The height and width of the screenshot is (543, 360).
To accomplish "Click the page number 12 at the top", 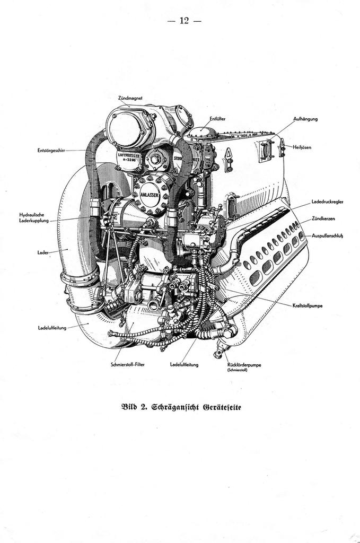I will [x=184, y=21].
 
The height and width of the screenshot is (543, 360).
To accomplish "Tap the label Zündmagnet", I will [x=129, y=98].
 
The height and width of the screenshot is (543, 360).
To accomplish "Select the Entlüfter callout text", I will [x=217, y=119].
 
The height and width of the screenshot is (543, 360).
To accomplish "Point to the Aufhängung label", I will [x=305, y=119].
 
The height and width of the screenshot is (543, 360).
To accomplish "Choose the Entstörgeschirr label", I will [x=50, y=151].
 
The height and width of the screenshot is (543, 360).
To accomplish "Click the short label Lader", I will [x=43, y=253].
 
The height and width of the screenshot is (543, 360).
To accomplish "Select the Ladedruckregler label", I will [x=327, y=202].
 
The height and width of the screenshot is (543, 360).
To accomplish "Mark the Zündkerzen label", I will [x=322, y=218].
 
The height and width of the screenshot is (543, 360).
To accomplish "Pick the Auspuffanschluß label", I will [x=327, y=235].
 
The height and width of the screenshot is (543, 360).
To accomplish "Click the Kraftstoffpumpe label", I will [x=310, y=305].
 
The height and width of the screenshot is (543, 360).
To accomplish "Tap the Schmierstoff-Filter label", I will [x=128, y=365].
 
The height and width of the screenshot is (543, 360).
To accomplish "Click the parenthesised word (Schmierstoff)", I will [x=236, y=370].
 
